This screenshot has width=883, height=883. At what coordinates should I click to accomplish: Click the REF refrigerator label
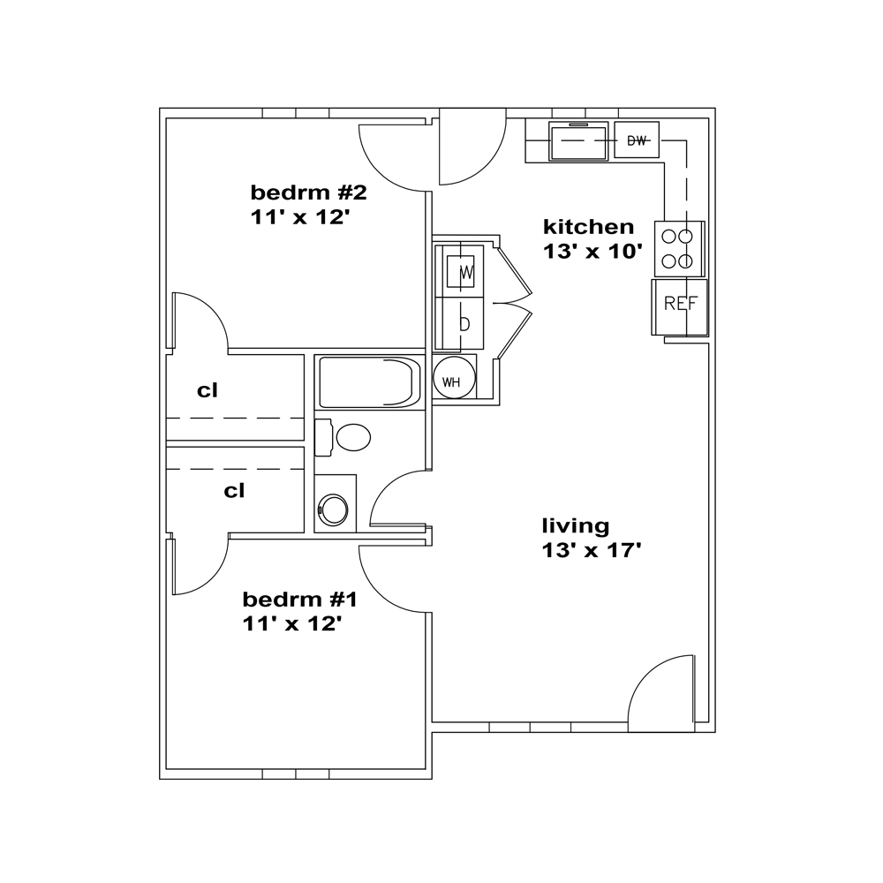[x=680, y=304]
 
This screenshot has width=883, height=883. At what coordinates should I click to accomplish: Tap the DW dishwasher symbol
[x=637, y=140]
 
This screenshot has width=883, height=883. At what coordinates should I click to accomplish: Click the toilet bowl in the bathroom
[x=353, y=438]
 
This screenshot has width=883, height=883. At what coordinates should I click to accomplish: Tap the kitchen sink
[x=579, y=140]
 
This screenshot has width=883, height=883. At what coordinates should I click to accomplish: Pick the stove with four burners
[x=678, y=248]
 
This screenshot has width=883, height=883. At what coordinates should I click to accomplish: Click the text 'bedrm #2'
[x=308, y=192]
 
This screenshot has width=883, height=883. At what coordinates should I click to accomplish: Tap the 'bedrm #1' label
[x=299, y=600]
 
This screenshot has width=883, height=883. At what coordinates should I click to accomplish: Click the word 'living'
[x=576, y=525]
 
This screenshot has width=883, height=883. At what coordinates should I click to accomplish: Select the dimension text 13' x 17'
[x=592, y=549]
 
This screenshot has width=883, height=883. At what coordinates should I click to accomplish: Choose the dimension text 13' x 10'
[x=593, y=251]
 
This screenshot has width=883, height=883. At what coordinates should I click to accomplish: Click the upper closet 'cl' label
[x=208, y=390]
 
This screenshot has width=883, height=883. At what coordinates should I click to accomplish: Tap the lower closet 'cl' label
[x=234, y=490]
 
